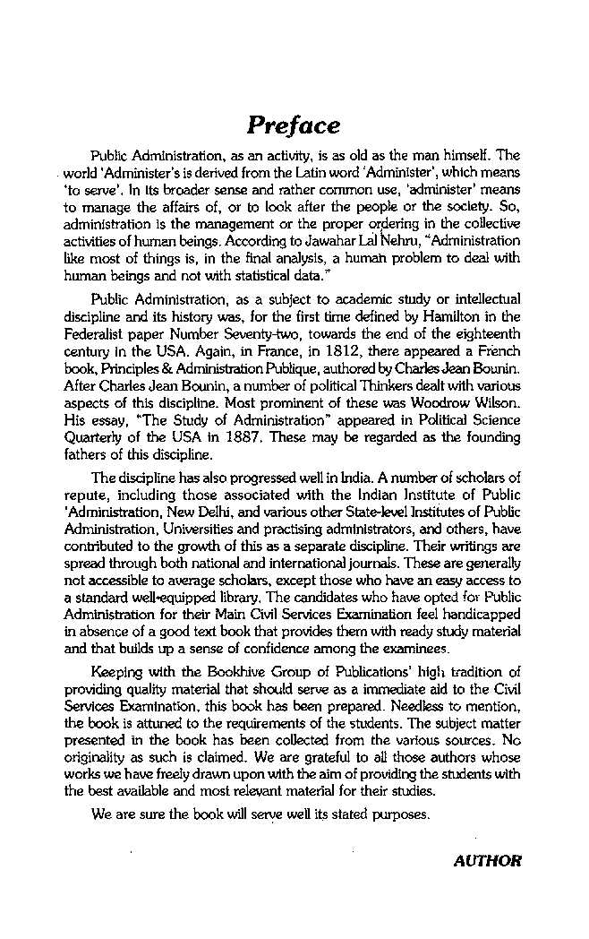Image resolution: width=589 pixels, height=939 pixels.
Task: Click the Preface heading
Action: click(294, 125)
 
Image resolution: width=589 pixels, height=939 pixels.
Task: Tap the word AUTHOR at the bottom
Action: click(487, 861)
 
